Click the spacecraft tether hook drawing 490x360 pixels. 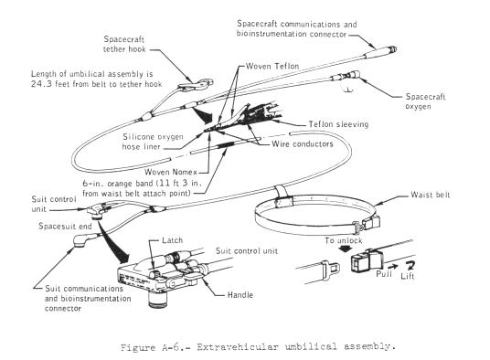click(x=196, y=85)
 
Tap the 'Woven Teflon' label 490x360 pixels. click(x=272, y=66)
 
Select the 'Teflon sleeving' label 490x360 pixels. click(x=338, y=124)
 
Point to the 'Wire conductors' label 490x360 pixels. click(x=303, y=144)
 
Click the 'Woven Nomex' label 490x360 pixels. click(x=171, y=172)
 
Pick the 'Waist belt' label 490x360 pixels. click(x=431, y=195)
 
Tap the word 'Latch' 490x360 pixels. click(x=172, y=240)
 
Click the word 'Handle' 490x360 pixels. click(x=240, y=295)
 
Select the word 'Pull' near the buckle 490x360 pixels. click(x=384, y=274)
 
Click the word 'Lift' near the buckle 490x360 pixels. click(x=407, y=276)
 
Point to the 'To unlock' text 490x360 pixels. click(x=343, y=240)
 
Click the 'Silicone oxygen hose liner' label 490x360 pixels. click(x=153, y=142)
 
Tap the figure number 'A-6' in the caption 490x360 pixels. click(x=171, y=347)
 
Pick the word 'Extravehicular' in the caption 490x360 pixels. click(x=237, y=347)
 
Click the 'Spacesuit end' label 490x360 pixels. click(x=65, y=226)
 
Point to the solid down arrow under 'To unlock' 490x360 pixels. click(x=345, y=249)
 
